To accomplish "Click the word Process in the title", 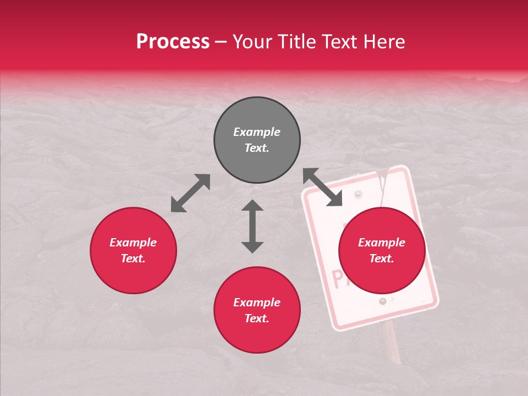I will [173, 42].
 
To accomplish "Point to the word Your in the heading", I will [252, 42].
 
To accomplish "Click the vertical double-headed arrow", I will [252, 226].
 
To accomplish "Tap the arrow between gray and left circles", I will [190, 193].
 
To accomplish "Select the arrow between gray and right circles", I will [323, 187].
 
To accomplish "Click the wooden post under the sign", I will [392, 342].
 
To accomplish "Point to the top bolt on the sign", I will [359, 194].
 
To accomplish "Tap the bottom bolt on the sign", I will [382, 301].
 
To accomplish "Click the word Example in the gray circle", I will [257, 132].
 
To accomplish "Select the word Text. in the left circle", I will [133, 258].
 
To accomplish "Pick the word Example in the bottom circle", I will [257, 302].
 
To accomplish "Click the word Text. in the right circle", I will [382, 258].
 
